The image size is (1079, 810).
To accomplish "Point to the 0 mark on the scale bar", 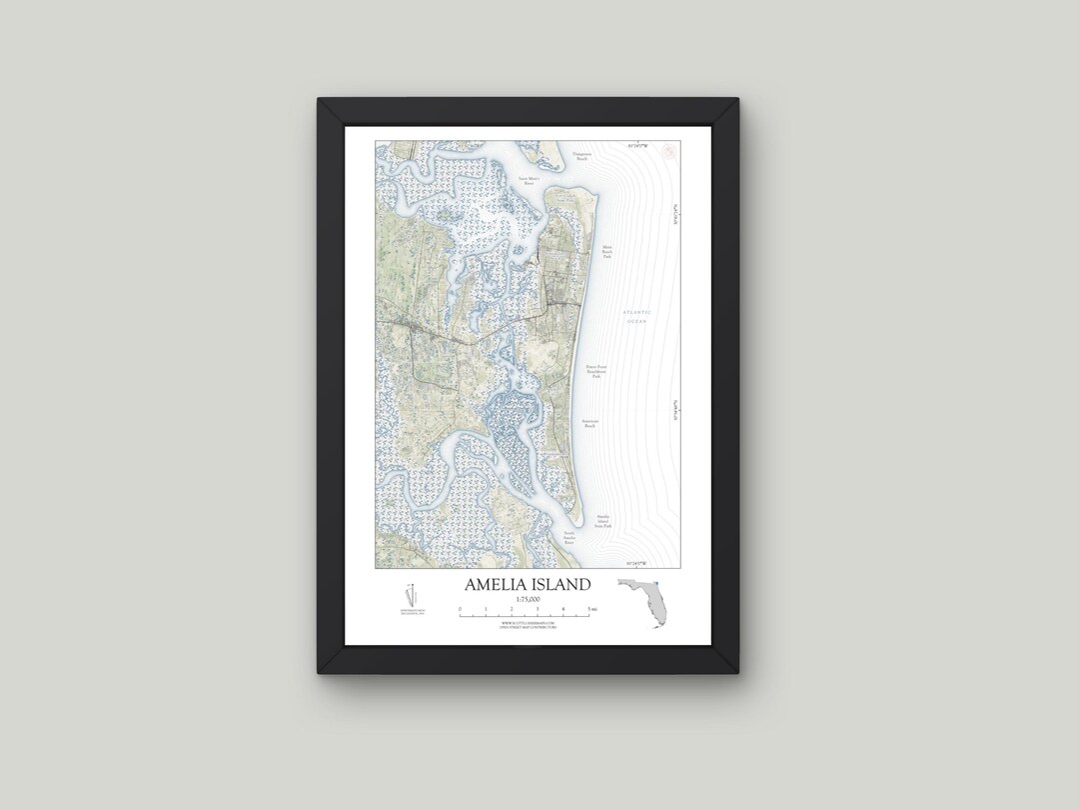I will pyautogui.click(x=460, y=608).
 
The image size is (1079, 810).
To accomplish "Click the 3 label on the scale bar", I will pyautogui.click(x=538, y=608).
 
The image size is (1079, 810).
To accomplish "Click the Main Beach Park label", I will pyautogui.click(x=606, y=252).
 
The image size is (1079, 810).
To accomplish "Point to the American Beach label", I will pyautogui.click(x=589, y=424).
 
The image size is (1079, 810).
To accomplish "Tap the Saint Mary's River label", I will pyautogui.click(x=529, y=182).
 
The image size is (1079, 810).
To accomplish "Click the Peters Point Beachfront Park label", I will pyautogui.click(x=596, y=372).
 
